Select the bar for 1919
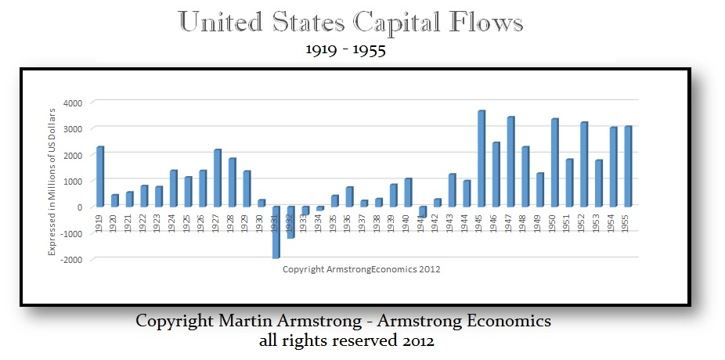[100, 177]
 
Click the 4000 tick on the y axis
[73, 103]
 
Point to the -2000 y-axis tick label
[71, 259]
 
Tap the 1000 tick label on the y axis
[73, 181]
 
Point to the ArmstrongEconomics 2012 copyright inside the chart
[361, 269]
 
